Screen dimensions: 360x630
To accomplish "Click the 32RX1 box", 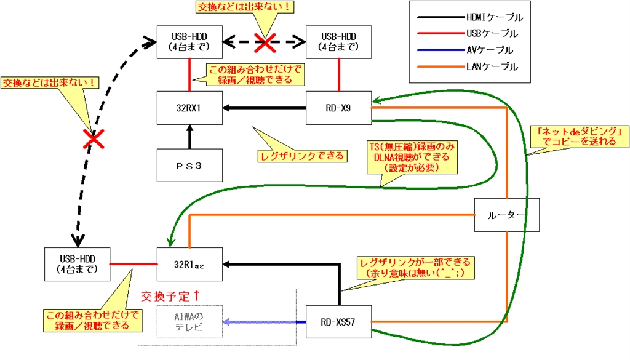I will pos(189,108).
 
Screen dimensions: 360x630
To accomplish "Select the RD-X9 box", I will pos(338,108).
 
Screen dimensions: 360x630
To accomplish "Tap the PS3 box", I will pos(189,165).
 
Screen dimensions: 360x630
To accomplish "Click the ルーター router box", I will pos(506,215).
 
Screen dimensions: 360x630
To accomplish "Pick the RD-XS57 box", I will pos(338,321).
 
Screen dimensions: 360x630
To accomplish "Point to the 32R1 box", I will pos(189,265).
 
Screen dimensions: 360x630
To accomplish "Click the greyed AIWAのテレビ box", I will pos(189,321).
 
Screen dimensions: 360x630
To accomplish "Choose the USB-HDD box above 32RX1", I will pos(189,41).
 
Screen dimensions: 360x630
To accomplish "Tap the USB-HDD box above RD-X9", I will pos(338,41).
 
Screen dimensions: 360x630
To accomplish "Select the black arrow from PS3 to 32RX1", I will pos(189,136).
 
